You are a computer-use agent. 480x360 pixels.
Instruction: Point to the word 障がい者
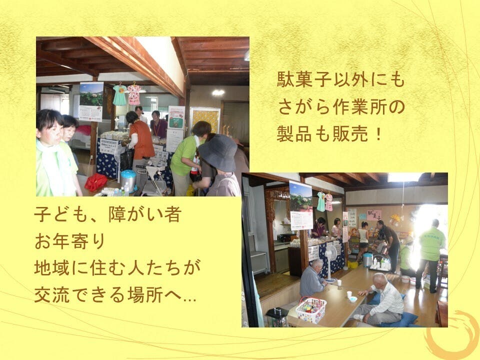(145, 214)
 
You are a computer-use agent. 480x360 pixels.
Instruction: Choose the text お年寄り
(70, 241)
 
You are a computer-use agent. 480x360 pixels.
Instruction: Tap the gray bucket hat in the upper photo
(218, 152)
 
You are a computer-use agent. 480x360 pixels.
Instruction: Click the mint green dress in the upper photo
(119, 94)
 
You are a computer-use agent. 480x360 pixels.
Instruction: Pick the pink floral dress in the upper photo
(134, 94)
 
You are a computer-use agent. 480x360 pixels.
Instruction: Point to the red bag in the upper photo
(95, 182)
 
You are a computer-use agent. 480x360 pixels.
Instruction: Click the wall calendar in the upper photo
(91, 101)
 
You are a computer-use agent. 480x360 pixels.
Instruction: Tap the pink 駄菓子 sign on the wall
(374, 215)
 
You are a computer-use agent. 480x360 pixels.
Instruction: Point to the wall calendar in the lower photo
(301, 205)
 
